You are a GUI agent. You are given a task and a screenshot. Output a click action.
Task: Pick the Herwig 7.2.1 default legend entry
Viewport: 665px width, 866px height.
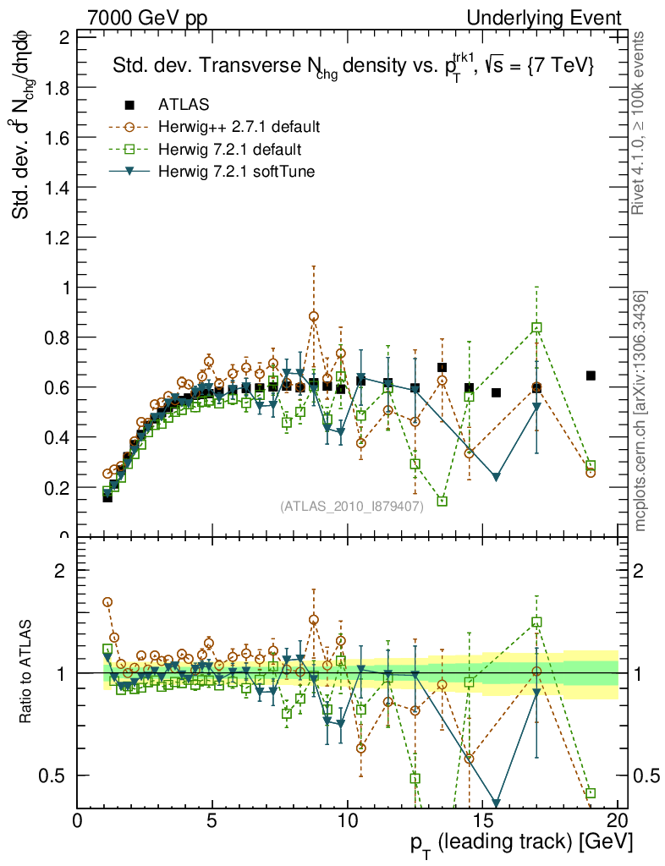(x=229, y=150)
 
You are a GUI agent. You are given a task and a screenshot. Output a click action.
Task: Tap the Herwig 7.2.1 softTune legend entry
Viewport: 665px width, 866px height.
(x=237, y=172)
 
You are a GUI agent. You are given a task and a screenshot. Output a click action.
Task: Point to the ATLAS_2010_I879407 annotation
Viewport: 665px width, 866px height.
(x=351, y=506)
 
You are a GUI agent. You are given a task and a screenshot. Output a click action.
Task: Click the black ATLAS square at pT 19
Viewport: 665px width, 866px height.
(x=591, y=375)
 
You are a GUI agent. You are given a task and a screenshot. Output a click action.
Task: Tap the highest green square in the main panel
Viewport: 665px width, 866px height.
(x=536, y=328)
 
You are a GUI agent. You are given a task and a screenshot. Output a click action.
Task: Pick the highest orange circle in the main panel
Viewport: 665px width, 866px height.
(x=314, y=316)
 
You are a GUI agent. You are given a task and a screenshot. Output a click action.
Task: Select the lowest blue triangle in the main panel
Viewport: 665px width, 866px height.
(x=496, y=477)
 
